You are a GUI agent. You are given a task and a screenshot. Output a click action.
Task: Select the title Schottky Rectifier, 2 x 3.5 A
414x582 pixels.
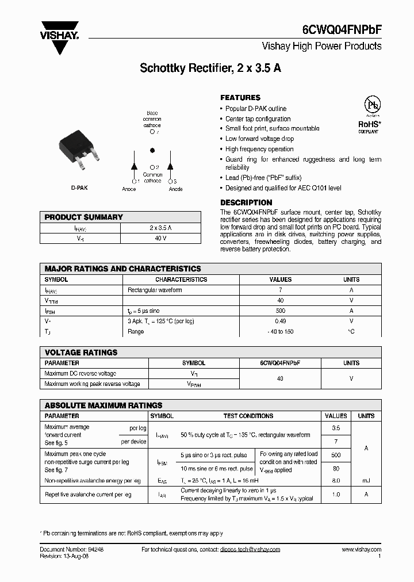pyautogui.click(x=210, y=68)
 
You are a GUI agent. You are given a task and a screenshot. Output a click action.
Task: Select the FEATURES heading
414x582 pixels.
pyautogui.click(x=240, y=98)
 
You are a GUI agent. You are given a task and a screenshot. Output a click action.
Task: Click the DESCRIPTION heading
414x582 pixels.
pyautogui.click(x=246, y=202)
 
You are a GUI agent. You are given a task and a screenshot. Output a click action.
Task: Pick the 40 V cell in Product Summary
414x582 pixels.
pyautogui.click(x=160, y=238)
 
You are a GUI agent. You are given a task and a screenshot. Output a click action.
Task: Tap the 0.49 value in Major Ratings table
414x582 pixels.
pyautogui.click(x=281, y=321)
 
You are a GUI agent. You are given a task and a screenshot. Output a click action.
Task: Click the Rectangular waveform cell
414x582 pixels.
pyautogui.click(x=155, y=290)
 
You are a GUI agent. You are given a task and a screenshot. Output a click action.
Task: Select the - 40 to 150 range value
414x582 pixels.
pyautogui.click(x=281, y=332)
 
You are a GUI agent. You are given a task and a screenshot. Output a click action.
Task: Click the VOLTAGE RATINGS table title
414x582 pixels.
pyautogui.click(x=81, y=353)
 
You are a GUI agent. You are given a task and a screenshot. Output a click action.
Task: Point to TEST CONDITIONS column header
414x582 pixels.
pyautogui.click(x=248, y=416)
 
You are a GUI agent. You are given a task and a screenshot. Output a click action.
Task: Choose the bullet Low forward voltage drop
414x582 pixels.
pyautogui.click(x=259, y=139)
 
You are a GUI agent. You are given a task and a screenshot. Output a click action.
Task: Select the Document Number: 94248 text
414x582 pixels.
pyautogui.click(x=71, y=550)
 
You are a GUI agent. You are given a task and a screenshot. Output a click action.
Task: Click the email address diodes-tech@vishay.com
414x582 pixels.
pyautogui.click(x=250, y=550)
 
